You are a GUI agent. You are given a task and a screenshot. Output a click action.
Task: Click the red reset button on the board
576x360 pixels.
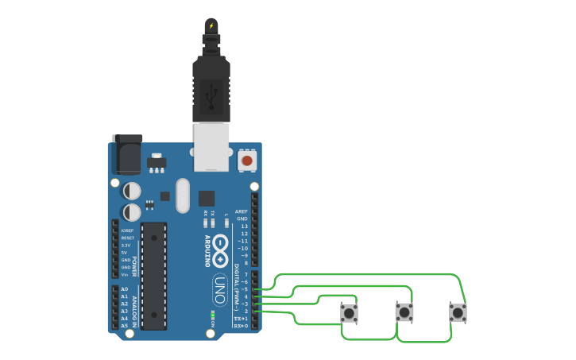246,161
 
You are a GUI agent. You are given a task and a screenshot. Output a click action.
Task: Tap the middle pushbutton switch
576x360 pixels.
404,312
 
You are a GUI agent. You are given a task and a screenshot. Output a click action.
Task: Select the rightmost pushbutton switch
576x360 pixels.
458,312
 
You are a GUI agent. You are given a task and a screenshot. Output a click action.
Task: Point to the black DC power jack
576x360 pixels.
126,154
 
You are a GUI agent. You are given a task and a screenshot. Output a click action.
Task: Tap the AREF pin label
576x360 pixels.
242,211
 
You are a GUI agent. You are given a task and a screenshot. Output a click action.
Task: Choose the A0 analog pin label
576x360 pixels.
124,289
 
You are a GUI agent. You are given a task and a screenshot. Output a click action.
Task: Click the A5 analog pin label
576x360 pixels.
124,326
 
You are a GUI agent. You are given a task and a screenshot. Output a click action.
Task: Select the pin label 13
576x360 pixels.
244,226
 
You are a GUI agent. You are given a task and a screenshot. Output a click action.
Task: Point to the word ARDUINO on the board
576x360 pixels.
207,251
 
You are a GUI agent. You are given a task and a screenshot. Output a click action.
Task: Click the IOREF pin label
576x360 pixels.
127,230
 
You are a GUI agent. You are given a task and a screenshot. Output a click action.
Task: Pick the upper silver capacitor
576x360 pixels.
132,192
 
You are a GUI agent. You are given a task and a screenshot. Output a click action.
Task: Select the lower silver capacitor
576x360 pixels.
132,212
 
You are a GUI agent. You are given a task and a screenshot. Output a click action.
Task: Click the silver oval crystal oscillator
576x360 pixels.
183,195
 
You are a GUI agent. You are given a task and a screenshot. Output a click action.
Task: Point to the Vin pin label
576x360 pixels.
125,274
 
